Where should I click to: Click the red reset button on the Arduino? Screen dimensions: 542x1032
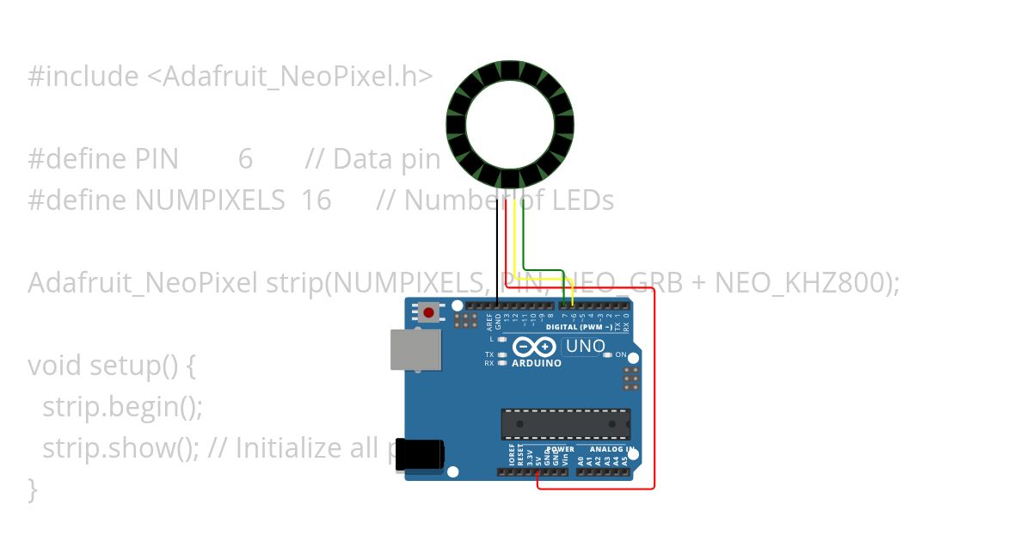(427, 311)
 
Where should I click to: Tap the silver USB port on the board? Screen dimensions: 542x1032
(415, 350)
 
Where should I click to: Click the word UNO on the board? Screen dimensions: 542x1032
(585, 347)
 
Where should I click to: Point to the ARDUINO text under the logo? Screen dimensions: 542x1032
(537, 363)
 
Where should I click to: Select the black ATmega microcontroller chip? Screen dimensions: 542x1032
(565, 424)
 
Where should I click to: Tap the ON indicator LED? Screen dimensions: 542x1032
(608, 354)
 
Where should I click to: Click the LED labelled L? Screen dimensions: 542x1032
(501, 340)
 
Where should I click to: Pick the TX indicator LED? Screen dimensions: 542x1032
(501, 354)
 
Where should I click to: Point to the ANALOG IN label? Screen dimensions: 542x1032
(611, 449)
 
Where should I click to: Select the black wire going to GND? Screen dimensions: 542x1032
(497, 249)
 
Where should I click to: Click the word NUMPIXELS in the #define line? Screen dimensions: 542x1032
(210, 200)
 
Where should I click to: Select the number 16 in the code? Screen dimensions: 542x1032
(316, 200)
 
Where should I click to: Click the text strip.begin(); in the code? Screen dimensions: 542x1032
(122, 407)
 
